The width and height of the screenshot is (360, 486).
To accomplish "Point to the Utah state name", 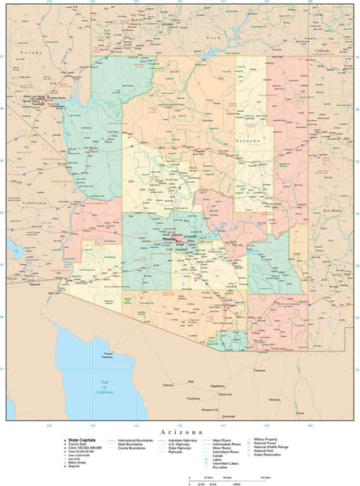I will tap(212, 38).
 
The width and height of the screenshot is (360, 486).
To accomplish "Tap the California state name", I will tap(35, 202).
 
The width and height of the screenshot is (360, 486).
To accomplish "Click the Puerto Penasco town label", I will tap(102, 356).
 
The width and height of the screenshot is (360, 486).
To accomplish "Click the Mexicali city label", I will tap(35, 284).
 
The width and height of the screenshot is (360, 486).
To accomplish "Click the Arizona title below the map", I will tap(180, 433).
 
